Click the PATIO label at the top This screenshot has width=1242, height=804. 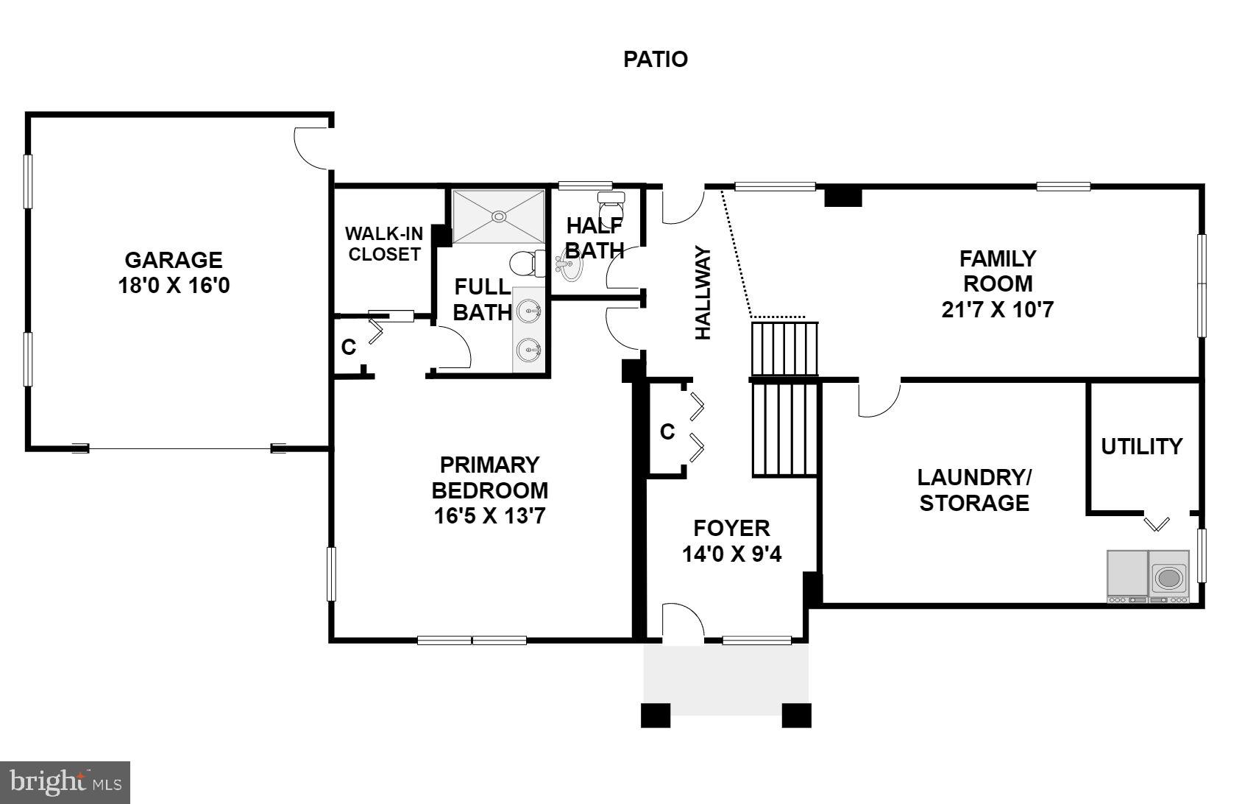(655, 59)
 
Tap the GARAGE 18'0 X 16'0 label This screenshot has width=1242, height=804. (174, 272)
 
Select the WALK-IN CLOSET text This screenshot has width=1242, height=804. (384, 244)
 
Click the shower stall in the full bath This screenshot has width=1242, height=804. (499, 216)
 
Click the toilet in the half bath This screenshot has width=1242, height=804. (610, 202)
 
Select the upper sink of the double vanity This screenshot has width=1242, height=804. (528, 312)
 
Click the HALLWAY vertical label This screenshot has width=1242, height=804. (704, 292)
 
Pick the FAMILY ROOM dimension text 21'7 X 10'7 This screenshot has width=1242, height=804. (997, 309)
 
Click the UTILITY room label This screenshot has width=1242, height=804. (1141, 446)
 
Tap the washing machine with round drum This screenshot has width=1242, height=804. (1168, 577)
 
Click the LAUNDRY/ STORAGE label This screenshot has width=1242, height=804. (973, 490)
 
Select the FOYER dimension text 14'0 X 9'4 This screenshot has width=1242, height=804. (731, 554)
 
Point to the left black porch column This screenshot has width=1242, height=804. (656, 715)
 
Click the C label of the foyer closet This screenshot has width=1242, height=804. (667, 432)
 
